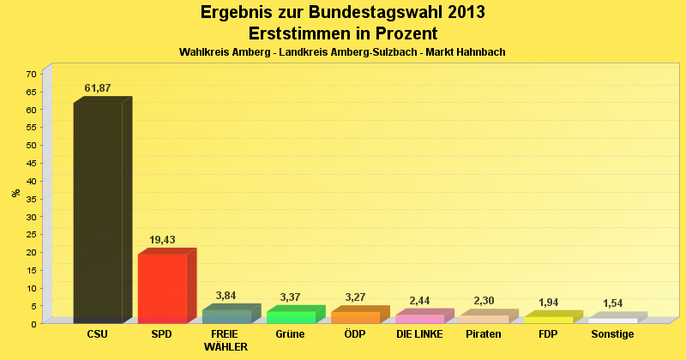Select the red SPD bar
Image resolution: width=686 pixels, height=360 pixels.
coord(162,288)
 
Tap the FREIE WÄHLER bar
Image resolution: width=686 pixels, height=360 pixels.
coord(226,316)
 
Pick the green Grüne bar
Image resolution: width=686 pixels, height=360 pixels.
coord(291,317)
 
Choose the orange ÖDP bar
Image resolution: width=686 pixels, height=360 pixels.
coord(355,317)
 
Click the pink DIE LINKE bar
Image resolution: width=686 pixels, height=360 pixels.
coord(419,319)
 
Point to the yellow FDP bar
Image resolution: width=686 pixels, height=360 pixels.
coord(548,320)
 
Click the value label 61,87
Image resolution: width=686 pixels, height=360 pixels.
coord(98,88)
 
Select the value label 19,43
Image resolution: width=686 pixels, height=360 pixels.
coord(162,240)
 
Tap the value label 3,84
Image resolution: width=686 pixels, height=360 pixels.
coord(226,296)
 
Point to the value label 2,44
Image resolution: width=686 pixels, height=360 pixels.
coord(419,301)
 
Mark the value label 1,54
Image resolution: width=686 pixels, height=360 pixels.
coord(612,303)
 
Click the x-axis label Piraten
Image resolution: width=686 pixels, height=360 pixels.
coord(484,334)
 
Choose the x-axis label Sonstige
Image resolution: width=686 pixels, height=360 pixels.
coord(612,334)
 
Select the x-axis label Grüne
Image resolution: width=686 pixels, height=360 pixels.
coord(291,334)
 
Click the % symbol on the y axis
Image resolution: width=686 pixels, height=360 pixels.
coord(16,193)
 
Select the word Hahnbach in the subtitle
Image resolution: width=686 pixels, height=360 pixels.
coord(482,52)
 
